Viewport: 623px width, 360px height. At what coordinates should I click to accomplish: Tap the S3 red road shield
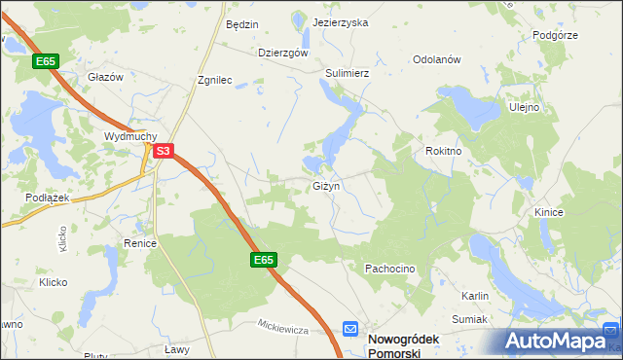tap(164, 151)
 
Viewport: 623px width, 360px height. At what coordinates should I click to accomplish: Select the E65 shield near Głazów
tap(46, 61)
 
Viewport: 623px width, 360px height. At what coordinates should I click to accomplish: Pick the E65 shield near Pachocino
tap(264, 260)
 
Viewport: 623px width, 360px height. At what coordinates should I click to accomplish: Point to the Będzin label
tap(240, 24)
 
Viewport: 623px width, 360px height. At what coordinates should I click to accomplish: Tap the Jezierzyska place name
tap(341, 22)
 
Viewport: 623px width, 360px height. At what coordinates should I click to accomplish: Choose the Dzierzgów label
tap(283, 54)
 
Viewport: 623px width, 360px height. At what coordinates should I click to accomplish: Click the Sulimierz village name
tap(348, 72)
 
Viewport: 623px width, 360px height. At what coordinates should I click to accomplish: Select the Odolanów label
tap(436, 59)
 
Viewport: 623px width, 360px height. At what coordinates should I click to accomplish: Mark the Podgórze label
tap(556, 36)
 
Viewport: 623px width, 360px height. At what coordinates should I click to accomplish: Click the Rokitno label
tap(443, 152)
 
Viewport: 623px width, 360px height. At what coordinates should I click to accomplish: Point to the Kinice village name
tap(550, 211)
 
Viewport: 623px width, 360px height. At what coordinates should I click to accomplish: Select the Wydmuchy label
tap(130, 136)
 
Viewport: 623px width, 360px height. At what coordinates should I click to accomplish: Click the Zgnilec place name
tap(214, 81)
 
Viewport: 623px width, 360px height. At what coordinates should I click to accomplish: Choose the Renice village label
tap(140, 243)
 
